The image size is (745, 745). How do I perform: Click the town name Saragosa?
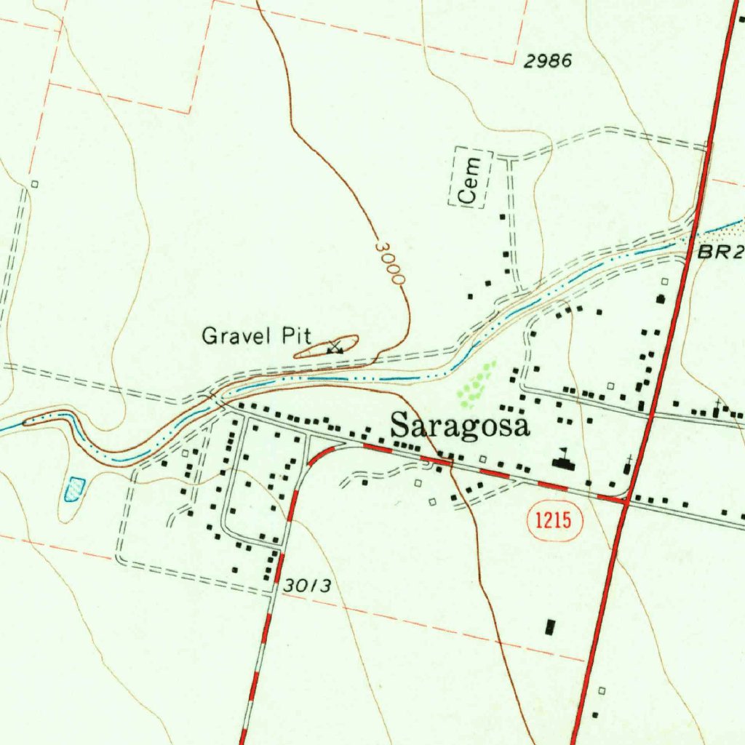coord(461,426)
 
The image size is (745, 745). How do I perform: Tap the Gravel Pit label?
coord(256,336)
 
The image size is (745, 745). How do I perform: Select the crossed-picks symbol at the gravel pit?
coord(335,347)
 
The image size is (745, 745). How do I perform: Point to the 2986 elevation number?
coord(547,62)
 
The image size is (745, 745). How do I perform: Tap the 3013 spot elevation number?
coord(308,585)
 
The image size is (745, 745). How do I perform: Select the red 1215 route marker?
coord(554,520)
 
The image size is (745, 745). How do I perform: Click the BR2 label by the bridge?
coord(720,252)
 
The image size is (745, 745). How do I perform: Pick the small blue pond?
coord(74,489)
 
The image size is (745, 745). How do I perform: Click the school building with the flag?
coord(561,460)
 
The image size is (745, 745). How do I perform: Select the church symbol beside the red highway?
coord(629,464)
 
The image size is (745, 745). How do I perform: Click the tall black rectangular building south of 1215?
coord(550,627)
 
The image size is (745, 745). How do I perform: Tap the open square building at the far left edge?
coord(34,184)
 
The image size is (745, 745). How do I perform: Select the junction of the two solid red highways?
coord(625,500)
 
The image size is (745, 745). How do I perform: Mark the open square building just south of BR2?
coord(664,281)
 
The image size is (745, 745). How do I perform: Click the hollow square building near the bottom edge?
coord(602,690)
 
